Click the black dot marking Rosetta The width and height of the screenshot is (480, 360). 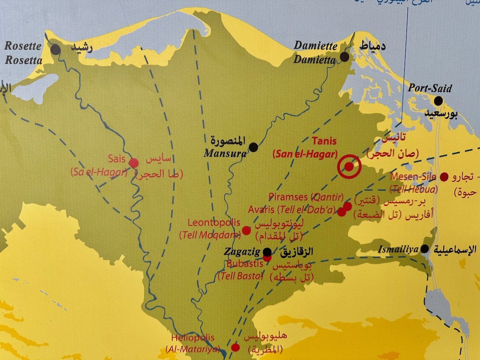click(56, 49)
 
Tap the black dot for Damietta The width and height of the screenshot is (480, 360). click(344, 57)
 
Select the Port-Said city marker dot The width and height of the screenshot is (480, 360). click(438, 100)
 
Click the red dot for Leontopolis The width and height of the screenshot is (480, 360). click(246, 230)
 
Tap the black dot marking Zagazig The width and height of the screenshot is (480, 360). click(267, 251)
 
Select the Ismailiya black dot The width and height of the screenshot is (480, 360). click(425, 249)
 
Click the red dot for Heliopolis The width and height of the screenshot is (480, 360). click(235, 347)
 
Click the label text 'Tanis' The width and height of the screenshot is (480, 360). click(324, 141)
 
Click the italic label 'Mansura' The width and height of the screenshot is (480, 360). click(225, 153)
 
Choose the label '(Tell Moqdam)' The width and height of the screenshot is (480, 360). click(209, 235)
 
